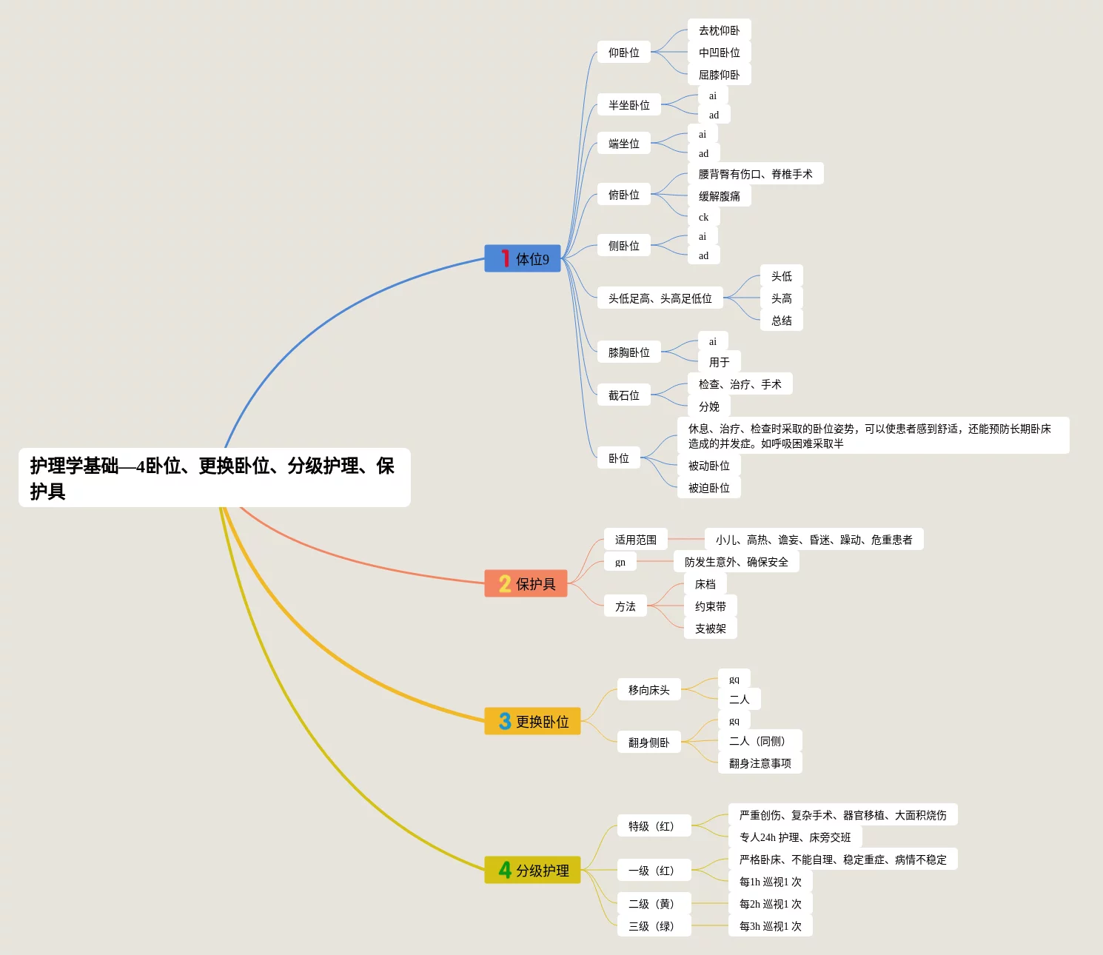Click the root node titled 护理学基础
214,477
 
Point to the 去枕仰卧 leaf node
719,30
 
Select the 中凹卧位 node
719,53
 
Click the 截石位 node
623,395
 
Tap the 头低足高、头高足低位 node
660,298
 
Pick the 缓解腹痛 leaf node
719,196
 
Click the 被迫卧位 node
708,488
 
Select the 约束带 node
710,606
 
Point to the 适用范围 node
635,540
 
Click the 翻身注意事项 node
760,763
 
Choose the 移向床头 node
648,690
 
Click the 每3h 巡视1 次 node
770,926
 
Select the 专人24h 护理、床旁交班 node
794,837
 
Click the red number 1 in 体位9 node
505,258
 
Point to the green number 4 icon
505,870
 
